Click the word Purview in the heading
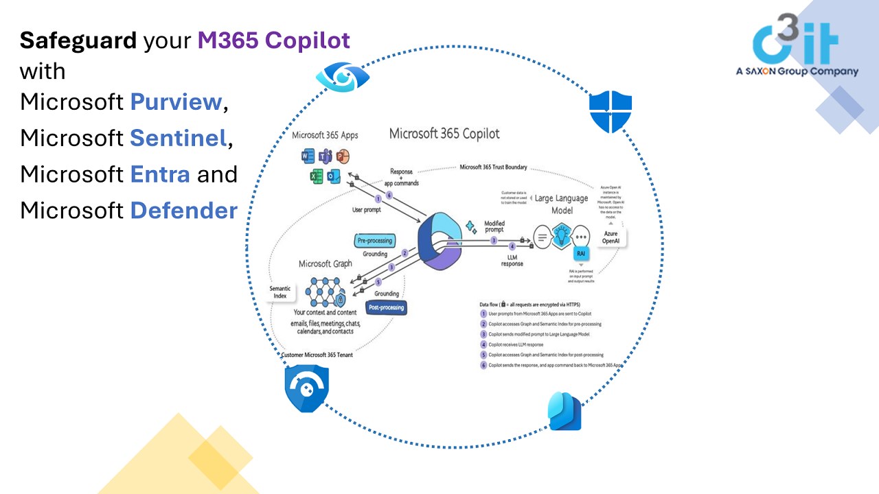[176, 102]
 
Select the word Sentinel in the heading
[178, 138]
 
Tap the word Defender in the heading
[183, 210]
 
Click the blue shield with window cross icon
[610, 113]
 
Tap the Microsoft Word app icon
[308, 156]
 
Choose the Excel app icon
[317, 176]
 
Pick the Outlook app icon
[334, 176]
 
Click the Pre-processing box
[374, 240]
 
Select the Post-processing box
[385, 307]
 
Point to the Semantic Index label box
[281, 292]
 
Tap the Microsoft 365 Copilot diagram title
[444, 133]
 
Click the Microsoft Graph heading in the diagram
[326, 263]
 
